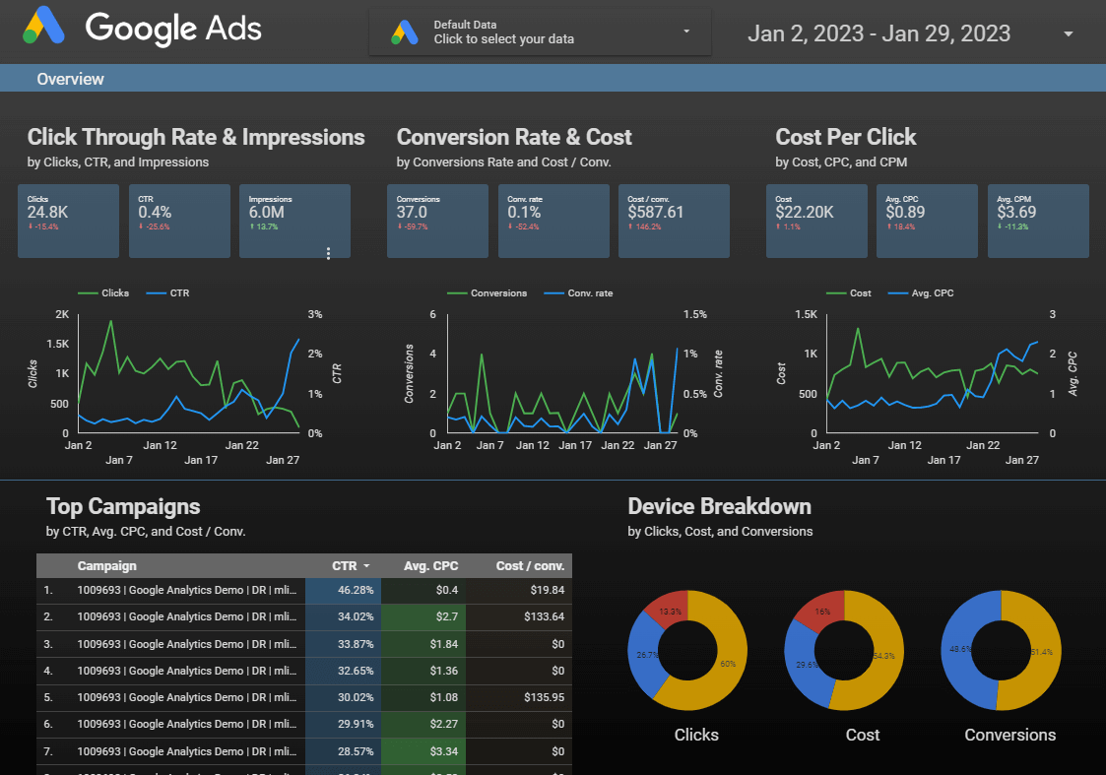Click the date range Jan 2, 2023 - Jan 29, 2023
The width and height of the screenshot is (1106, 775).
click(878, 33)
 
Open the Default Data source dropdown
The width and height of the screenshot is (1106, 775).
click(539, 32)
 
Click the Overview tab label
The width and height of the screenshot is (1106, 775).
click(70, 79)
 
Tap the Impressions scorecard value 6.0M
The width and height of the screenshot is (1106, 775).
click(267, 212)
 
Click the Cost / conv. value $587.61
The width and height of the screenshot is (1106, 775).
click(655, 212)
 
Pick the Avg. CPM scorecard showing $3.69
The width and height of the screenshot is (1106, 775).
click(1017, 212)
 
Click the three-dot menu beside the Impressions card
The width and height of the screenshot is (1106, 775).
click(328, 253)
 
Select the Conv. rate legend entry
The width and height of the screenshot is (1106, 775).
click(586, 292)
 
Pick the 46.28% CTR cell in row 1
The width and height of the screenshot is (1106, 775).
click(342, 590)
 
